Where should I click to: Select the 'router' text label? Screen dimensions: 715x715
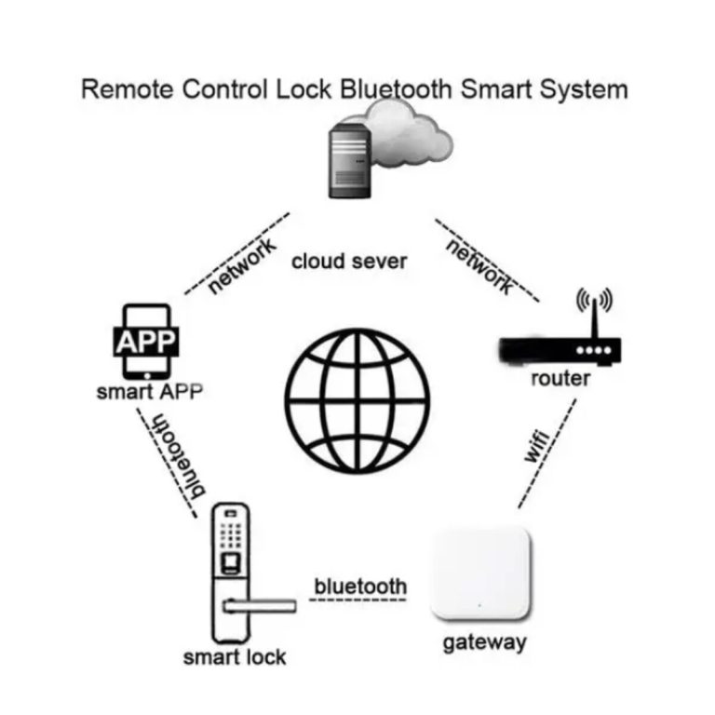point(560,379)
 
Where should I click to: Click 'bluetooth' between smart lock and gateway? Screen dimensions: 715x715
point(360,587)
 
